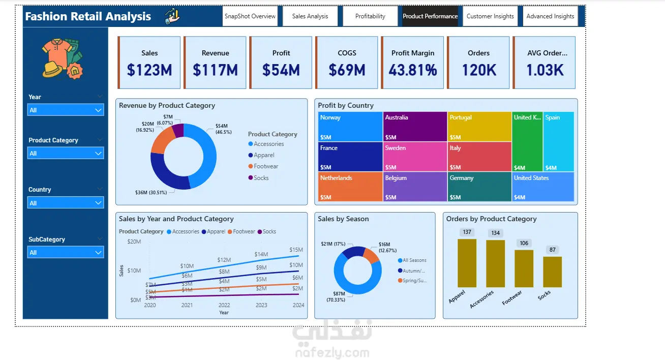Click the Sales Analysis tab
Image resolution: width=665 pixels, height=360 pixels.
click(x=310, y=16)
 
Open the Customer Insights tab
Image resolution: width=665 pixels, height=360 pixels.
click(x=490, y=16)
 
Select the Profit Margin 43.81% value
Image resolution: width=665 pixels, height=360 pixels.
click(x=413, y=70)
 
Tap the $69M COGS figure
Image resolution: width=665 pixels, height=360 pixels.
click(x=347, y=70)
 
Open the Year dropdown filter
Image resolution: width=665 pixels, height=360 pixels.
click(x=66, y=110)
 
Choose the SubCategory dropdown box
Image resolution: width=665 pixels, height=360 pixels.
click(x=66, y=252)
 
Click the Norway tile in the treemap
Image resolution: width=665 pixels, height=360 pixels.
click(x=350, y=127)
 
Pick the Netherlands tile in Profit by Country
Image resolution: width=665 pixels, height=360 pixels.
click(x=350, y=187)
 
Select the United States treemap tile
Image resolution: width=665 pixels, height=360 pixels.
click(x=543, y=187)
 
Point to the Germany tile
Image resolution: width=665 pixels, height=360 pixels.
click(x=479, y=187)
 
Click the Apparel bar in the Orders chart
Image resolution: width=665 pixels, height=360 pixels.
click(x=467, y=263)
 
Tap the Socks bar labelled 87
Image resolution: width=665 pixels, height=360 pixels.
click(x=552, y=272)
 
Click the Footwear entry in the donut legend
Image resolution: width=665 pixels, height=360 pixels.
click(x=266, y=166)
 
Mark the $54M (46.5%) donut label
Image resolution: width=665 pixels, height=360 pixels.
click(x=223, y=129)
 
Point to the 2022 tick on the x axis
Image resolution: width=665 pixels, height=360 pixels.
click(x=224, y=305)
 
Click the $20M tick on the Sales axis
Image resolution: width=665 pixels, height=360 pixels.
click(x=134, y=242)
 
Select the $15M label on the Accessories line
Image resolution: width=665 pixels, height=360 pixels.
click(x=296, y=250)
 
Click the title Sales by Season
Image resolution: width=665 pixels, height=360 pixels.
click(x=343, y=219)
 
